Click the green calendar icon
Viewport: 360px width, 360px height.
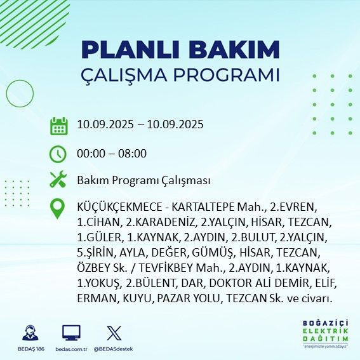click(x=58, y=125)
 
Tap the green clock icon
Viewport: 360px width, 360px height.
click(x=58, y=153)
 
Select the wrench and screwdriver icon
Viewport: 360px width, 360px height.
click(x=58, y=180)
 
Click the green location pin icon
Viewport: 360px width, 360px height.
click(x=58, y=209)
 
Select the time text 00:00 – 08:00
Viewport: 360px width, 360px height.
click(x=111, y=153)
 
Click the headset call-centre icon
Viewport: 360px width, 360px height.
click(x=29, y=334)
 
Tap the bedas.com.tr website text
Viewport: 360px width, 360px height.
click(x=71, y=349)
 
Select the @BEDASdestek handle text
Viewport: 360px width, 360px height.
click(x=113, y=349)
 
